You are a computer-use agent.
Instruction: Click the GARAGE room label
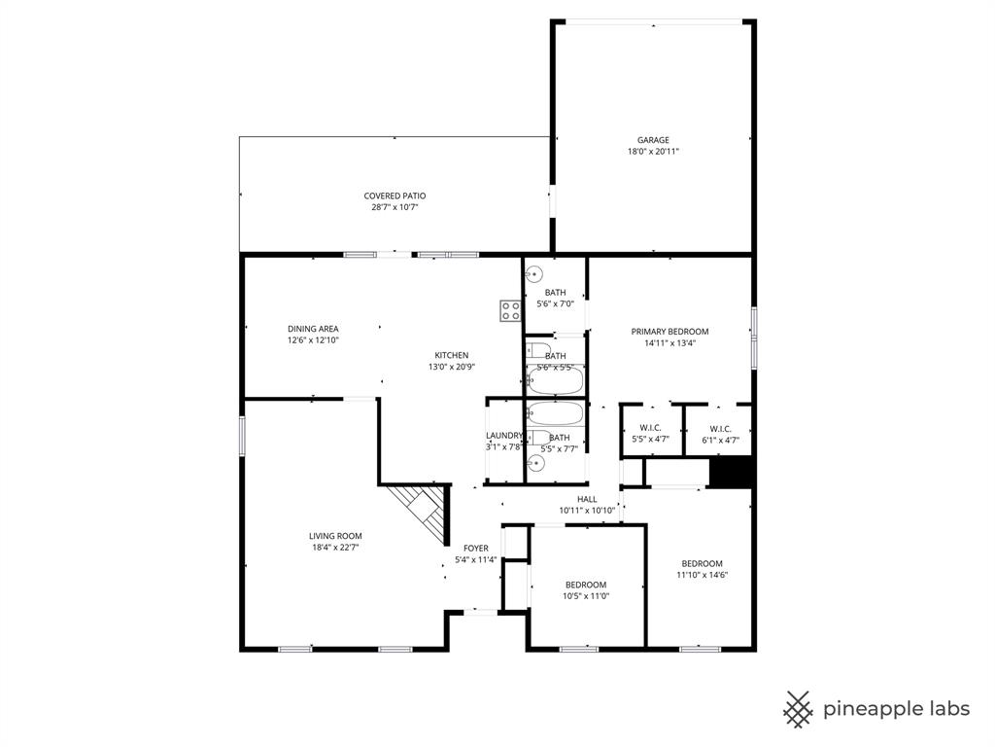653,140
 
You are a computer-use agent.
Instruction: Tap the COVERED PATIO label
395,196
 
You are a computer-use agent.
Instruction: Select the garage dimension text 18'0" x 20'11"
653,152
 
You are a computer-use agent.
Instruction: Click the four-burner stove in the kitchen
510,310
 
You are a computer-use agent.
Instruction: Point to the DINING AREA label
313,329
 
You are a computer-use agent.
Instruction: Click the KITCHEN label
451,355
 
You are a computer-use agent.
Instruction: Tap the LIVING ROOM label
335,536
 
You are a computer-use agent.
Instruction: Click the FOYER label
475,548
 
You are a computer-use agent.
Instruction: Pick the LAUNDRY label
504,436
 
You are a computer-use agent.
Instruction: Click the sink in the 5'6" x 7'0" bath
533,275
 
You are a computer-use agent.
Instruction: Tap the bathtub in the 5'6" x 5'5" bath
556,378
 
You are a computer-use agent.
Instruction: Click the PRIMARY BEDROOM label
669,331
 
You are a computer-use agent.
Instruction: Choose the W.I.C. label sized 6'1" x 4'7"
720,429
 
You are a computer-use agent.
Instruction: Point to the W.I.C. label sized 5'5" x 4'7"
650,429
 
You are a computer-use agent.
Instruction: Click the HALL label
587,499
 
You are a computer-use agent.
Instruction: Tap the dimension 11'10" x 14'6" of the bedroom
702,575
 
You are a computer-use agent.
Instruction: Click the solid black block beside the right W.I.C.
731,472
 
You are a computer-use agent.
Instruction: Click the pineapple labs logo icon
799,709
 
